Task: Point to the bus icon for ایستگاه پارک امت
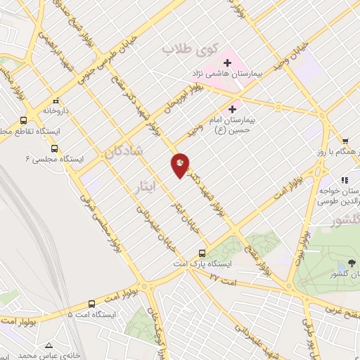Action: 202,252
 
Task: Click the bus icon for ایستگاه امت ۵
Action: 92,304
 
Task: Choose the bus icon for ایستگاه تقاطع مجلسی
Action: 25,120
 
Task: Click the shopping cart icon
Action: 345,141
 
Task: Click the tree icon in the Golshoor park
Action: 341,264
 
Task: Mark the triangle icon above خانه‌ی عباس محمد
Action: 49,346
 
